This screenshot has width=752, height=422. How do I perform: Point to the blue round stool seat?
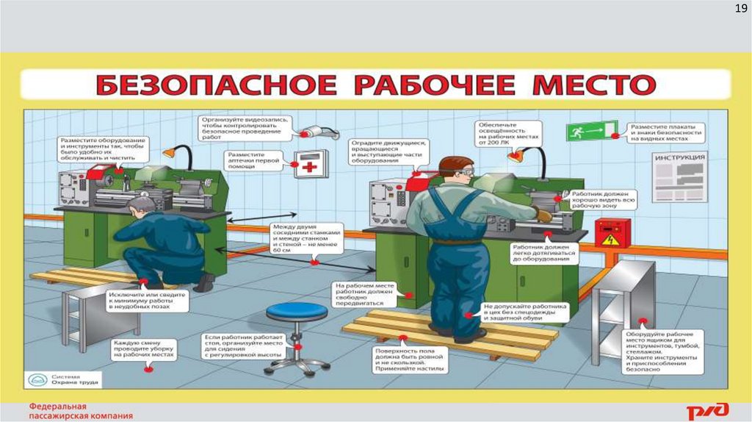[x=297, y=312]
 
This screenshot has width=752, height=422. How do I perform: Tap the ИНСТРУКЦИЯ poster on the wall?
[x=679, y=177]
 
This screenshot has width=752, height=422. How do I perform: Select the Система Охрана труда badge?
[x=62, y=379]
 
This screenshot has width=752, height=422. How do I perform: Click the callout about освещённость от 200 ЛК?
[x=508, y=134]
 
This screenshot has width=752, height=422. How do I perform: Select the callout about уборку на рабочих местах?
[x=145, y=348]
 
